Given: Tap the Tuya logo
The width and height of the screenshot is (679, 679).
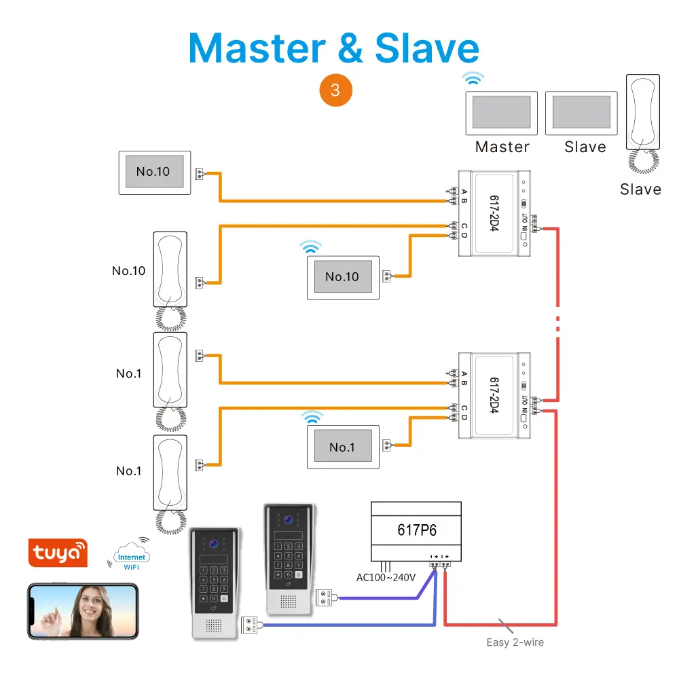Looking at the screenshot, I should click(x=57, y=553).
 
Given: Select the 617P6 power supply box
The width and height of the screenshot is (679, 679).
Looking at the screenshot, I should click(x=416, y=529).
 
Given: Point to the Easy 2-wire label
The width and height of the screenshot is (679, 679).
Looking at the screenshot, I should click(x=515, y=642).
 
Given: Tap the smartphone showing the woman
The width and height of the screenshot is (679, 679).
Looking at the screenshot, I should click(x=83, y=611).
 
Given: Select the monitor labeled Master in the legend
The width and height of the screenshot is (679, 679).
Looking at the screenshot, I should click(x=501, y=112).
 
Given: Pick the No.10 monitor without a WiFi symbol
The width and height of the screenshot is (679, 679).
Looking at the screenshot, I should click(x=153, y=172).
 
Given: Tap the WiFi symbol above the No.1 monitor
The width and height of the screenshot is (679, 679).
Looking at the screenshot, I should click(x=313, y=417).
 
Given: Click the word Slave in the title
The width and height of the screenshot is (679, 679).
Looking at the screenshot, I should click(x=427, y=48).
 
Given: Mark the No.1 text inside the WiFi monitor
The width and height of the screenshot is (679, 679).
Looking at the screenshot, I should click(x=342, y=447).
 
